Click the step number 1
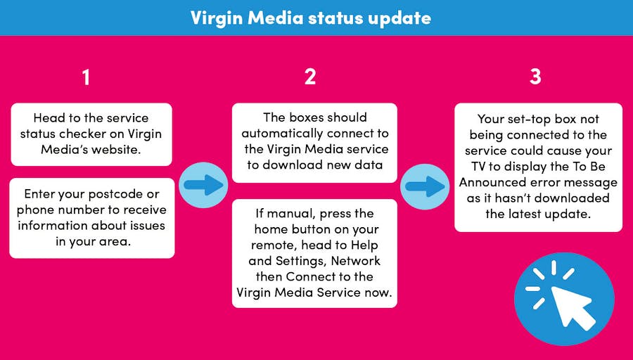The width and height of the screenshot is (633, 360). pos(86,77)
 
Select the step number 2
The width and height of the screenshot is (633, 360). pos(310,77)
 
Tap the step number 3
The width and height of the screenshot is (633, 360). pos(535,77)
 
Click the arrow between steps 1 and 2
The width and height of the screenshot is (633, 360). pos(203,185)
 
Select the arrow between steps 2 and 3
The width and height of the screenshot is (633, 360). pos(425,186)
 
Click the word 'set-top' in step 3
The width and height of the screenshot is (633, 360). pos(525,119)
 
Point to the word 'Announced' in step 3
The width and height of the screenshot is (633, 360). pos(492,182)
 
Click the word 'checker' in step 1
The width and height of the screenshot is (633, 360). pos(84,134)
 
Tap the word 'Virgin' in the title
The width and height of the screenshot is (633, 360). pos(217,18)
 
